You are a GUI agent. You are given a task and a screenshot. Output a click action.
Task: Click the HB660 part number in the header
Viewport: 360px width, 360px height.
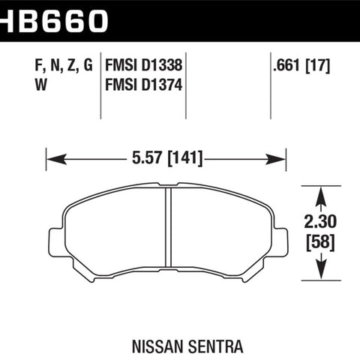pos(54,21)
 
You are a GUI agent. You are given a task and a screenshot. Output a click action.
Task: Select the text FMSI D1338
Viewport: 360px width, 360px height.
pos(143,65)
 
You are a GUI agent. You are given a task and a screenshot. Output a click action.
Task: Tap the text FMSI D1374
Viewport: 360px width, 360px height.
pos(143,85)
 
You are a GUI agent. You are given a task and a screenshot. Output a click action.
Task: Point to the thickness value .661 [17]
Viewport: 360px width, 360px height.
pos(301,66)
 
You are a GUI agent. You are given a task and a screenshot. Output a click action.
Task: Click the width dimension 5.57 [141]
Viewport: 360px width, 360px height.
pos(167,158)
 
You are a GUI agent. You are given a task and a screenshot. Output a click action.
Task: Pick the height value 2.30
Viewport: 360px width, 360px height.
pos(320,221)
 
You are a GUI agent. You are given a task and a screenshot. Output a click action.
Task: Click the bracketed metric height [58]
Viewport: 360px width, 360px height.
pos(320,243)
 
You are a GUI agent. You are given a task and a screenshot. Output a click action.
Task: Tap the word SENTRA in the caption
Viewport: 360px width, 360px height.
pos(215,346)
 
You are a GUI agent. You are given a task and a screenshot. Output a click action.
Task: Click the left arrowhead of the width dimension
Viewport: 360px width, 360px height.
pos(56,159)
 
